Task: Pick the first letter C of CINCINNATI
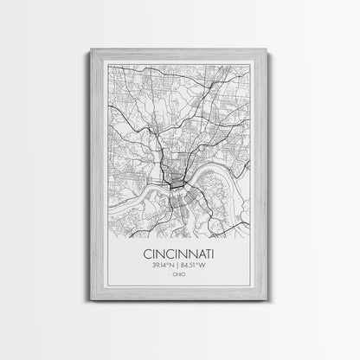click(x=143, y=254)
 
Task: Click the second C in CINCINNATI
click(x=167, y=254)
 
